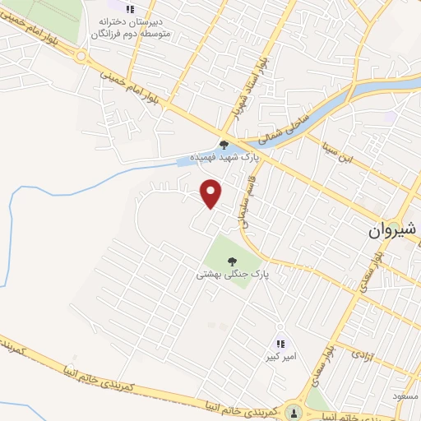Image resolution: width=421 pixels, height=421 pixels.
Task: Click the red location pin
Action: coord(211,192)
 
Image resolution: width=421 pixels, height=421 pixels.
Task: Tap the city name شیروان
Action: coord(393,232)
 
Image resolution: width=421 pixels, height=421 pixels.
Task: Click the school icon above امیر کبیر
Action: coord(280,344)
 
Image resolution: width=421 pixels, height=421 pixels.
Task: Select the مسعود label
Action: coord(407,396)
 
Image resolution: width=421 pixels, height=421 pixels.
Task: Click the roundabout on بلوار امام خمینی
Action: coord(81,57)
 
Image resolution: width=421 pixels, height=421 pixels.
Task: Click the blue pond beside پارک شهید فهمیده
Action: coord(187,162)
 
